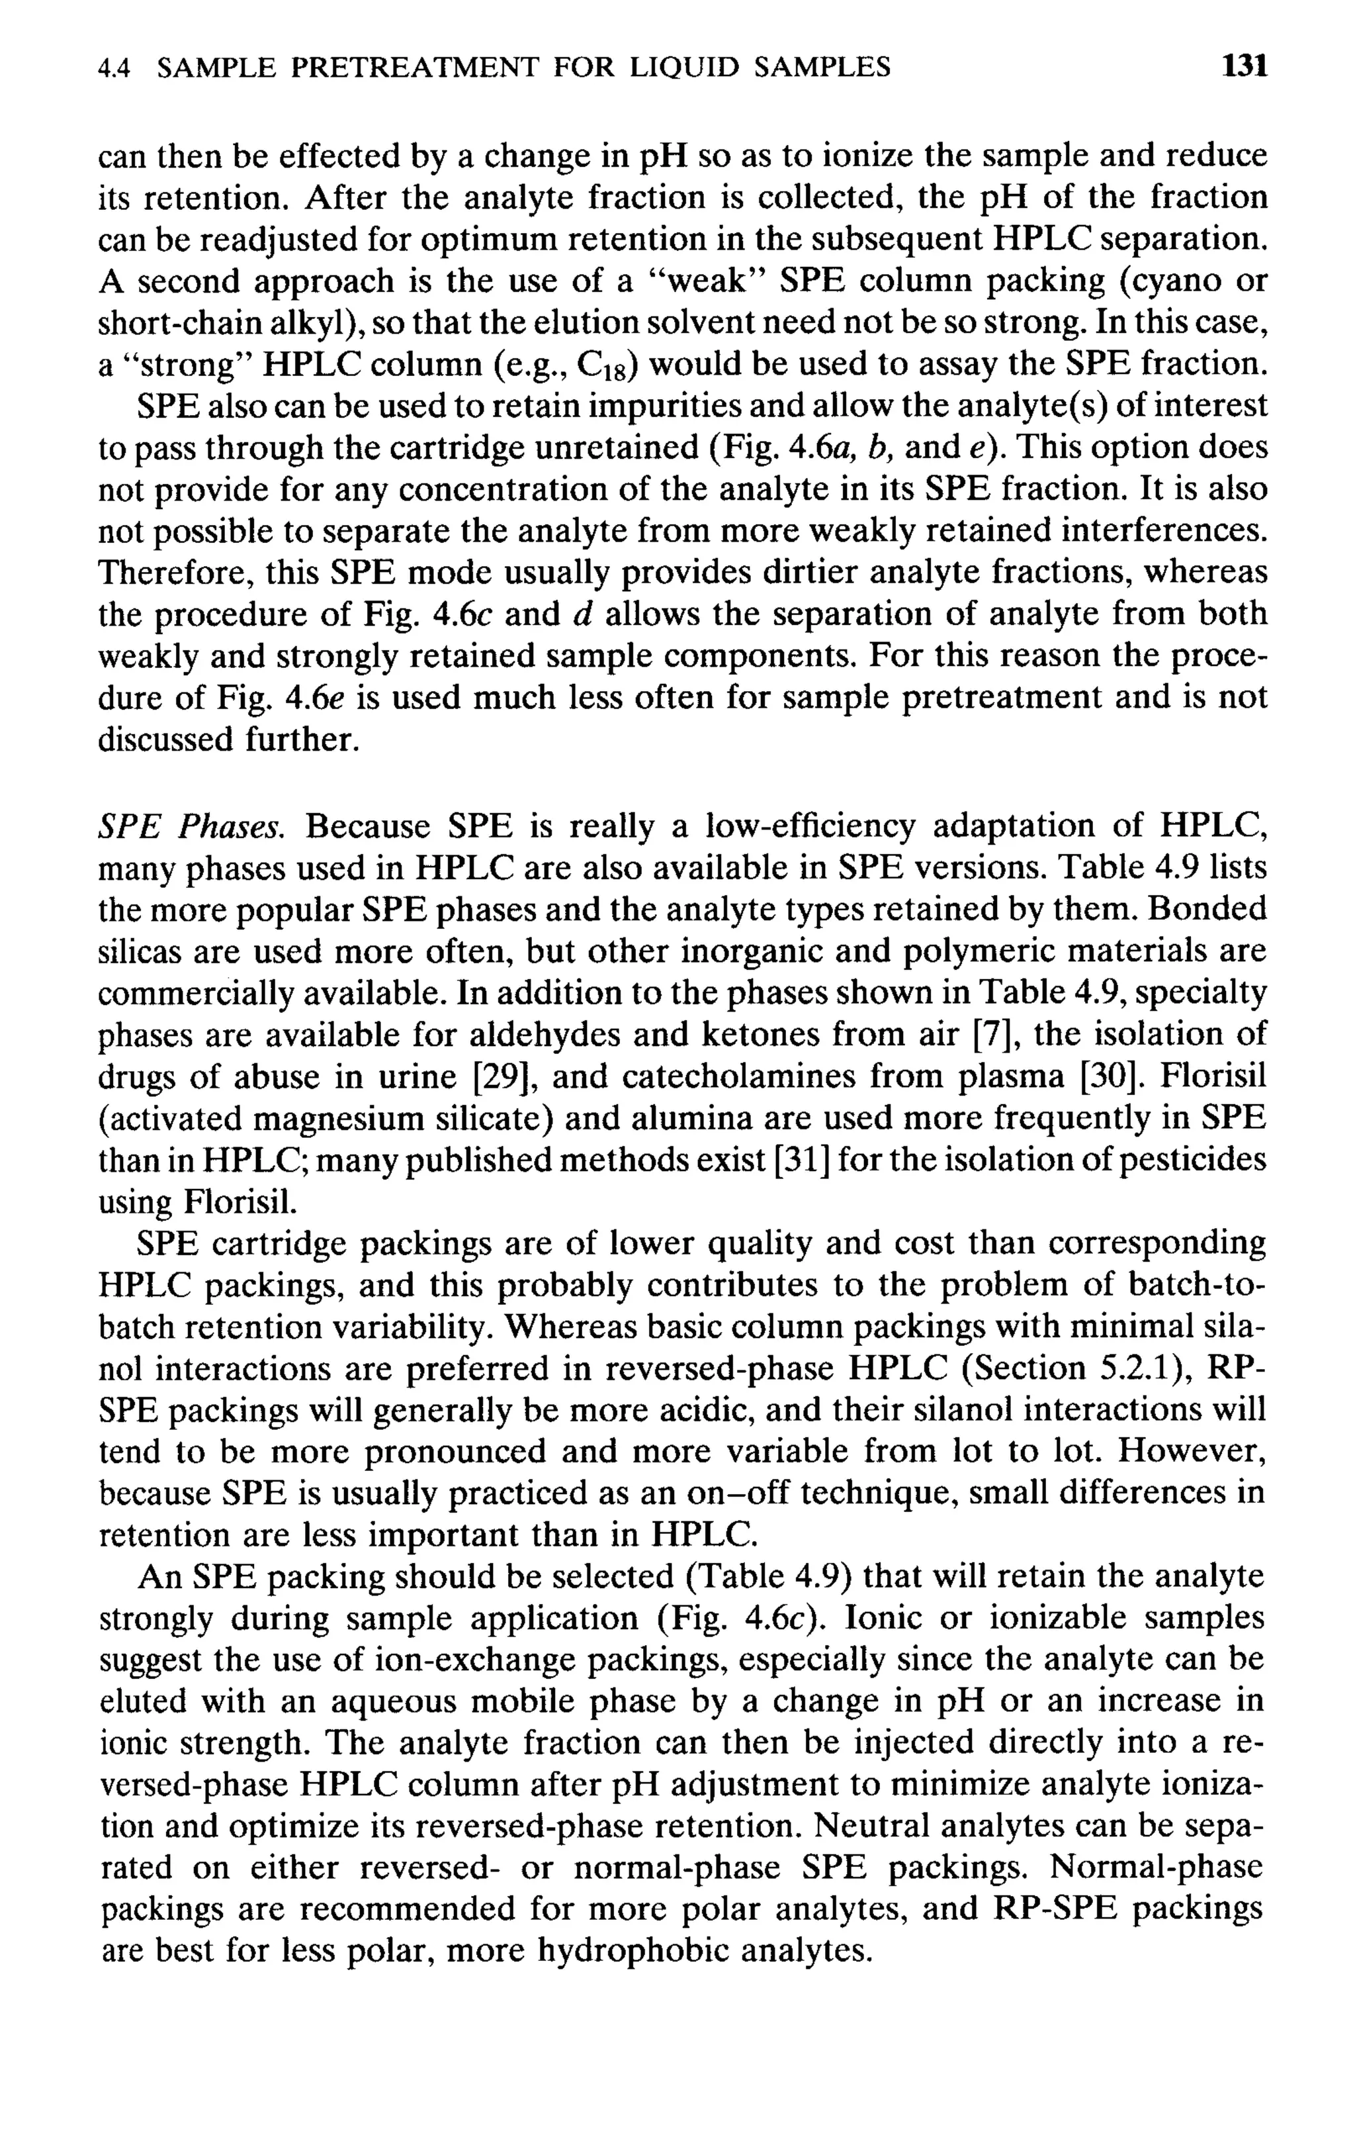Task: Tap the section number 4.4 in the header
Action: tap(114, 68)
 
